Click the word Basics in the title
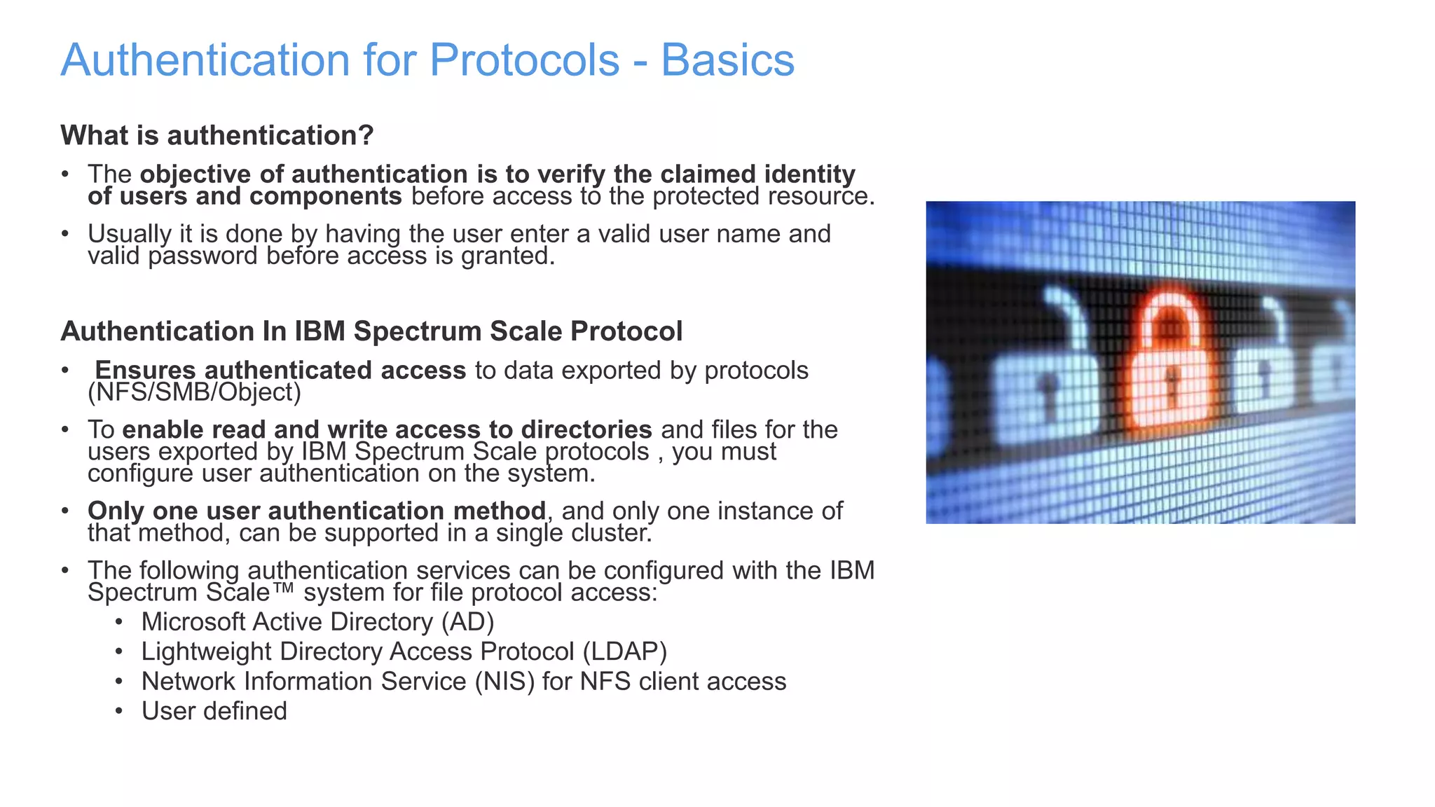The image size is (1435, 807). pos(727,60)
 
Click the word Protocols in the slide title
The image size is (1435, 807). pos(524,60)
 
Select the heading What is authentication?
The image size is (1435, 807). pos(217,135)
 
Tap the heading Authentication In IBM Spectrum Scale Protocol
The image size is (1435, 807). pos(371,331)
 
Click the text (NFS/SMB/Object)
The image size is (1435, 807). pos(194,392)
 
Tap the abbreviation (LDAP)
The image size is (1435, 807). pos(624,651)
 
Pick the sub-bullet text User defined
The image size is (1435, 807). pos(214,711)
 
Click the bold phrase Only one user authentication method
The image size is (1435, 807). pos(316,511)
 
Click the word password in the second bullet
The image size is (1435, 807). pos(203,256)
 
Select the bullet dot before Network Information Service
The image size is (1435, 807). pos(119,681)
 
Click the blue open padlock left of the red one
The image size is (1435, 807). pos(1044,378)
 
